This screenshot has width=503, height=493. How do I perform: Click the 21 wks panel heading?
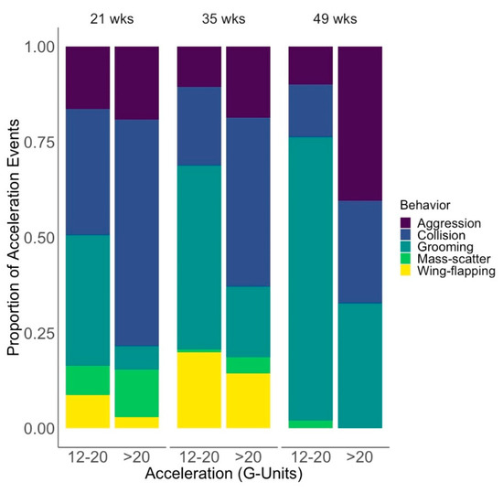(x=112, y=18)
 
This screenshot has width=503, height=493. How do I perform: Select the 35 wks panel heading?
(x=224, y=18)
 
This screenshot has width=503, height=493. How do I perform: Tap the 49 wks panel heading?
(x=336, y=18)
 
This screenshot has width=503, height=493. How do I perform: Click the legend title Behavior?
(x=428, y=205)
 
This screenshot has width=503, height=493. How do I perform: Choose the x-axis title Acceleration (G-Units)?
(x=224, y=476)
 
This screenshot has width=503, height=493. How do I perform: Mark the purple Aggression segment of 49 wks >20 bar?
(x=360, y=123)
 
